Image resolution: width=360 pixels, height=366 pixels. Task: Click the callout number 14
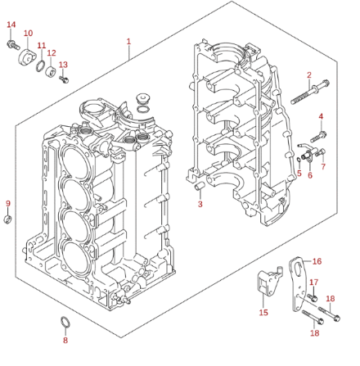point(11,25)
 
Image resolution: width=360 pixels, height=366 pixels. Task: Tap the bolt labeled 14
point(13,45)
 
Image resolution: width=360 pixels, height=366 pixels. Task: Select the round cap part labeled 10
point(27,57)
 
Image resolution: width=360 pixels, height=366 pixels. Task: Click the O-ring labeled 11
point(41,66)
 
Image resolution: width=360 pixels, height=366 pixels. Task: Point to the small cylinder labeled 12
point(51,71)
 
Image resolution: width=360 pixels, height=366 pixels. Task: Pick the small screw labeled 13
point(64,79)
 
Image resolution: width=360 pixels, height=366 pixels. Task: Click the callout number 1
point(128,42)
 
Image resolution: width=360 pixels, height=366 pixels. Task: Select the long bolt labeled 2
point(310,93)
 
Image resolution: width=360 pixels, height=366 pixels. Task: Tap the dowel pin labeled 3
point(200,187)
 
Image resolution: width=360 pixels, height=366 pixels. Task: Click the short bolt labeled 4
point(318,136)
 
